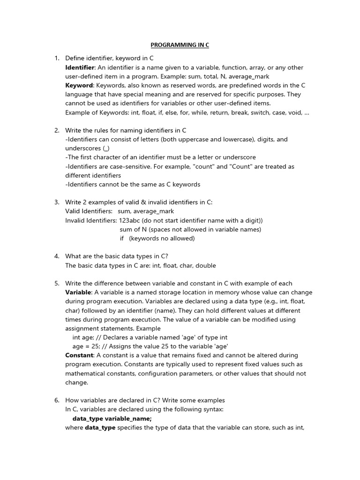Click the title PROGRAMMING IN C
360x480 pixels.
coord(180,45)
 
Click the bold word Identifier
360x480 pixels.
coord(80,67)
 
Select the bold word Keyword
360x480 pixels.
coord(79,85)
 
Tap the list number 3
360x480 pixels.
coord(57,202)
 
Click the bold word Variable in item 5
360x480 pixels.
coord(78,292)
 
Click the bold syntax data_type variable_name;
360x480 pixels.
coord(112,419)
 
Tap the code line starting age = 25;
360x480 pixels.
coord(150,346)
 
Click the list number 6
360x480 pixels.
coord(57,400)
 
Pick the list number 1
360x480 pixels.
coord(57,58)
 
